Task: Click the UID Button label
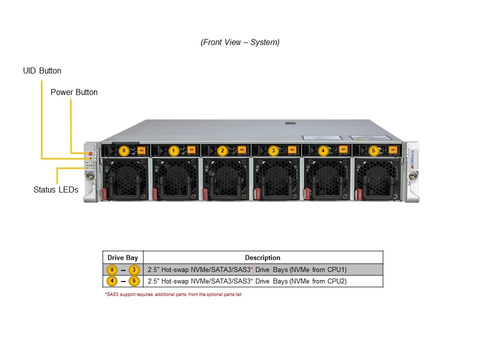[x=42, y=71]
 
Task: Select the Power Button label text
[x=74, y=92]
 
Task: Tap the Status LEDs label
[x=56, y=190]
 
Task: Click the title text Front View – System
[x=240, y=42]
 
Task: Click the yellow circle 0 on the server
[x=124, y=150]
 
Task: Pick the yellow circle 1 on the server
[x=173, y=150]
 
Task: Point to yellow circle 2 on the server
[x=223, y=150]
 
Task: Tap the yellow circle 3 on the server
[x=273, y=150]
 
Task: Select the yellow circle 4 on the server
[x=322, y=150]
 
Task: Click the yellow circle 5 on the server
[x=373, y=150]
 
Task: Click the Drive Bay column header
[x=122, y=258]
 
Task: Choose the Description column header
[x=262, y=258]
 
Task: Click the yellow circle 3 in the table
[x=134, y=270]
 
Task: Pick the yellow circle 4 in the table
[x=112, y=281]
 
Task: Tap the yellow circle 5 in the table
[x=134, y=281]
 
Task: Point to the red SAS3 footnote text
[x=173, y=294]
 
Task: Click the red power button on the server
[x=90, y=153]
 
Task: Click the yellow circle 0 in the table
[x=112, y=270]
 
